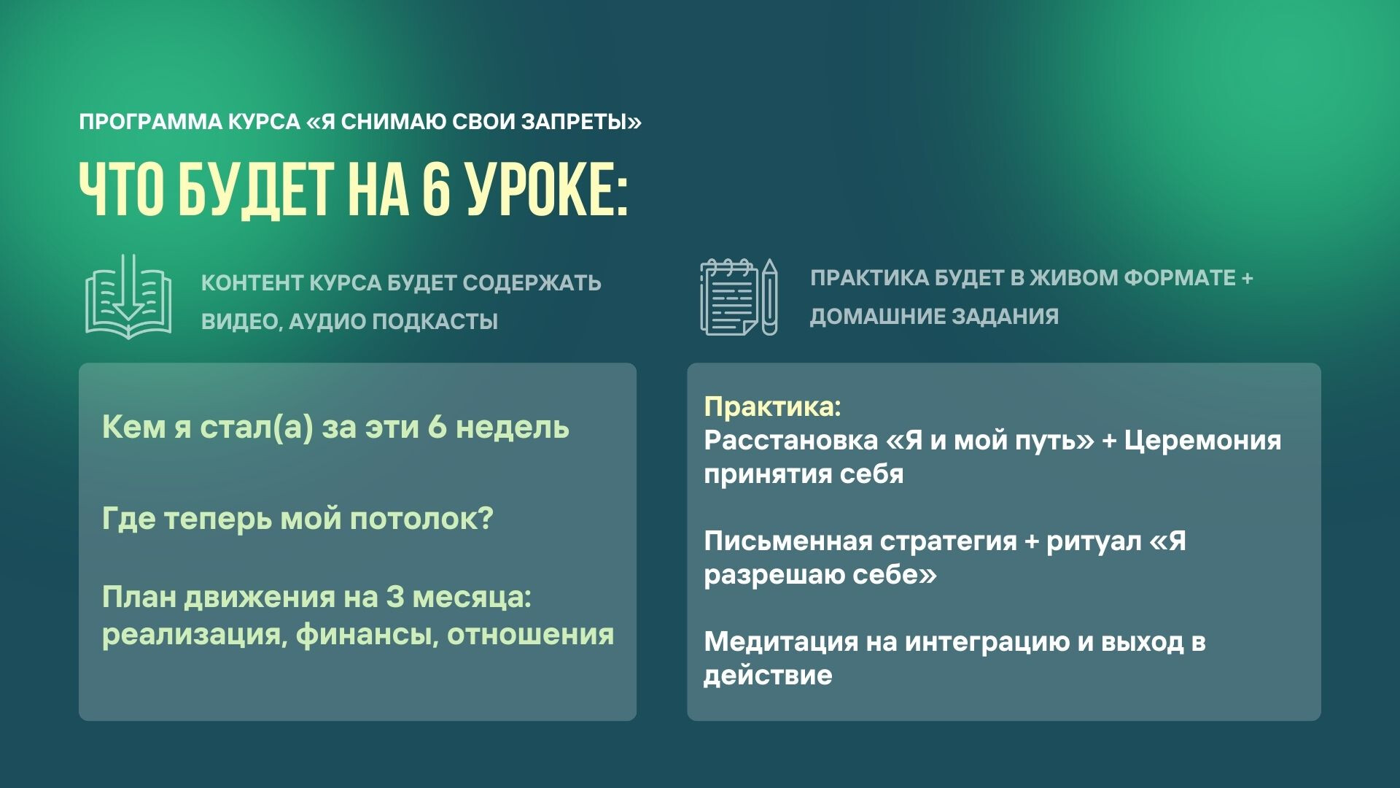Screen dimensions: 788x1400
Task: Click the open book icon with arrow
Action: coord(128,297)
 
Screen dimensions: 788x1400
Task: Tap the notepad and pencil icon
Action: coord(739,297)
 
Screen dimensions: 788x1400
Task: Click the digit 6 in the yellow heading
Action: coord(435,190)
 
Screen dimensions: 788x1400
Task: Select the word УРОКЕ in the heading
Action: coord(547,190)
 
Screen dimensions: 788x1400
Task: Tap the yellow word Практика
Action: coord(771,406)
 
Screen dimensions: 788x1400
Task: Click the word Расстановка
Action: coord(790,440)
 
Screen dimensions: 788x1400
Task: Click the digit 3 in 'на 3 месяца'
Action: coord(395,598)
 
